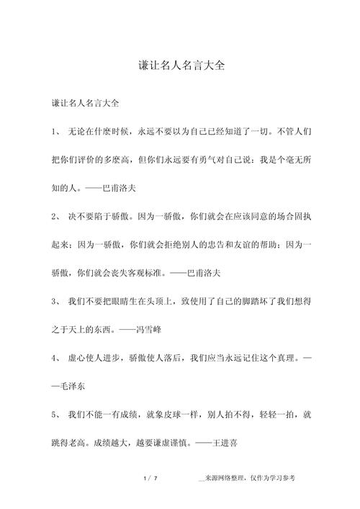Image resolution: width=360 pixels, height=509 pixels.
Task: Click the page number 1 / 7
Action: (x=150, y=477)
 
